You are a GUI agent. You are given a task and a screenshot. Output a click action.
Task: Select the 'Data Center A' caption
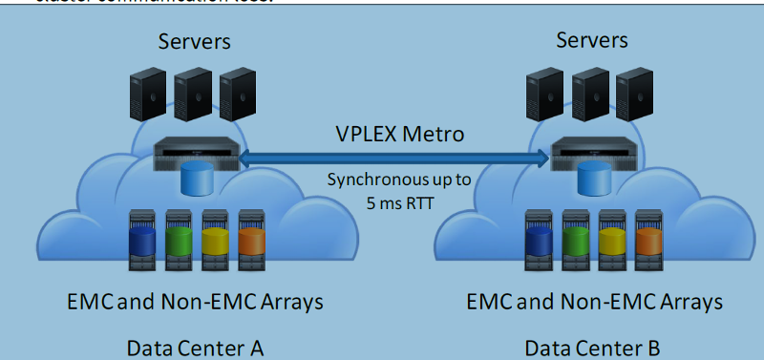coord(195,348)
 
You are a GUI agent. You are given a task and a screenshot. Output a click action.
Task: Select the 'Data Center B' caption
coord(591,348)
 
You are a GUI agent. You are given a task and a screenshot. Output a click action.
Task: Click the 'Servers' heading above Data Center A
coord(195,42)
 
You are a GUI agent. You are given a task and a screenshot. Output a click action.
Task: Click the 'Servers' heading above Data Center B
coord(592,40)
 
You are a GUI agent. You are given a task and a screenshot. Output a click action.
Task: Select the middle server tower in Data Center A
coord(193,95)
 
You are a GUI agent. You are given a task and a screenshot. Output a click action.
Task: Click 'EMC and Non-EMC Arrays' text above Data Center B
coord(592,303)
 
